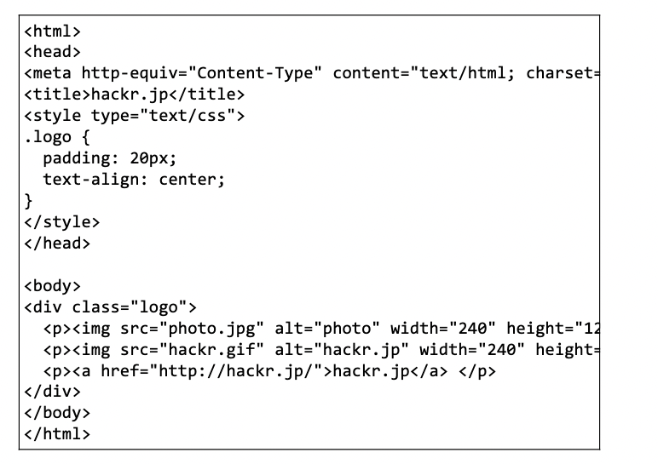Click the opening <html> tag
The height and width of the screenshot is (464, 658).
click(x=53, y=32)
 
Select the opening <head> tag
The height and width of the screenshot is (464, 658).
click(x=53, y=53)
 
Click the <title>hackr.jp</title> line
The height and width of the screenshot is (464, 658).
click(x=135, y=94)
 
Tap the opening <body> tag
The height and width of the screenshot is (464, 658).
click(x=53, y=286)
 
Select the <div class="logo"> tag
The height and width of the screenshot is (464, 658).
click(x=111, y=307)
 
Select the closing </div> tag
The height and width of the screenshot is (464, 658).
click(x=53, y=392)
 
